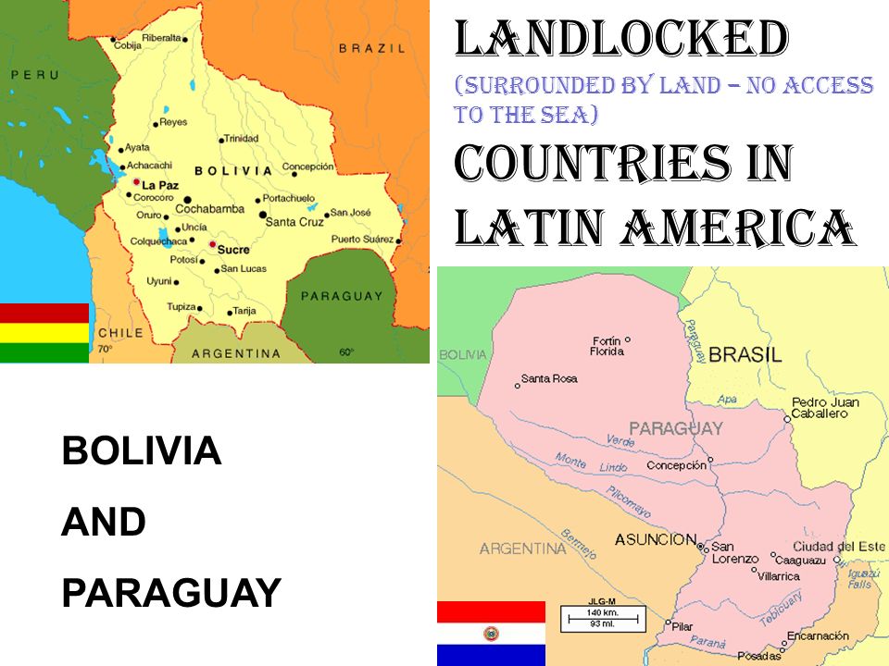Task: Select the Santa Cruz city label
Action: (294, 222)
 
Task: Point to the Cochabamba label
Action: (209, 209)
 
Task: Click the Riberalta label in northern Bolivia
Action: (161, 38)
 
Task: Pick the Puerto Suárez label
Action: (363, 240)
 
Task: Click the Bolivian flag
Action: (44, 332)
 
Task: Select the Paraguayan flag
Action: (491, 633)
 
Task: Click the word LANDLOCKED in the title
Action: (620, 39)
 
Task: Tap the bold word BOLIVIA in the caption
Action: (141, 451)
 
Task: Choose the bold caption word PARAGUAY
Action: (170, 592)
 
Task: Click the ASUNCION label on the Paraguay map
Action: (656, 539)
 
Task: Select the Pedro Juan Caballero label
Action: (825, 408)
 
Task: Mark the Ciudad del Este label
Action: (838, 547)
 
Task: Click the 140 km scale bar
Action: (595, 615)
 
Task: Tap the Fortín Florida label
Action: (606, 346)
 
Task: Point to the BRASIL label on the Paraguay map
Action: (745, 354)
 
